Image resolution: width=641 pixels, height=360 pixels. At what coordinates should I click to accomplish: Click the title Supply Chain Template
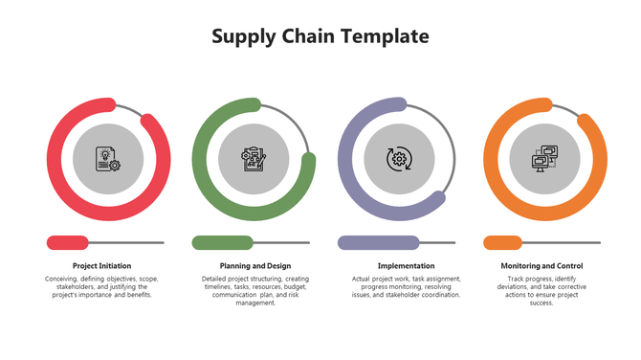pos(320,37)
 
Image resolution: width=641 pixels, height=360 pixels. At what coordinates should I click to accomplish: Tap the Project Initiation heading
pos(101,265)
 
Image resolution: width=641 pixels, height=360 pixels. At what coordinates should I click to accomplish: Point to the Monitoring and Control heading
pos(542,265)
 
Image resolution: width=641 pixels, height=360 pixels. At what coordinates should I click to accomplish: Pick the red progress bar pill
pos(67,242)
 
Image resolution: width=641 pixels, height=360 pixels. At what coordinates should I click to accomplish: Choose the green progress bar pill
pos(222,242)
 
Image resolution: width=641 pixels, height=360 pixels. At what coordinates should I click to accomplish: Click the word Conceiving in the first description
pos(63,279)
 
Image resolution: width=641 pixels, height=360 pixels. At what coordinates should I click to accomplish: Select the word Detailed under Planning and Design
pos(217,279)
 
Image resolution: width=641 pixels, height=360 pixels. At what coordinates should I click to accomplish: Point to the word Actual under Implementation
pos(362,279)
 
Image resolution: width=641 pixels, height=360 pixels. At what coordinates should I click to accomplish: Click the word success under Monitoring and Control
pos(542,303)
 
